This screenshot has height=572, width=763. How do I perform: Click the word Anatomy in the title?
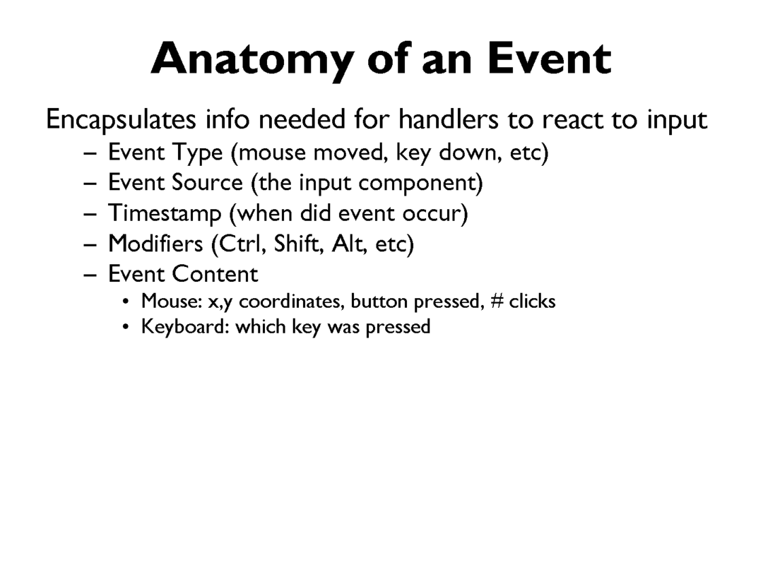pyautogui.click(x=252, y=60)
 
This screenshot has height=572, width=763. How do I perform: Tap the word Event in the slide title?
pyautogui.click(x=550, y=59)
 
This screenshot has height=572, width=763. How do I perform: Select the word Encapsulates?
pyautogui.click(x=122, y=120)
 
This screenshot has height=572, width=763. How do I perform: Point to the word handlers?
pyautogui.click(x=448, y=119)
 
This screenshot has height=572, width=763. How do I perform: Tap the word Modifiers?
pyautogui.click(x=155, y=243)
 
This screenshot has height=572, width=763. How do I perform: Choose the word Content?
pyautogui.click(x=215, y=274)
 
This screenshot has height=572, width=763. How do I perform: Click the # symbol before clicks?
pyautogui.click(x=497, y=301)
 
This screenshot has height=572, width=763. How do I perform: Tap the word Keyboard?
pyautogui.click(x=185, y=326)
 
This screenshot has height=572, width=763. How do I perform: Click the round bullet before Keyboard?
pyautogui.click(x=126, y=326)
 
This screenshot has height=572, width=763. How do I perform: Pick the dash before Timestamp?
pyautogui.click(x=90, y=215)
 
